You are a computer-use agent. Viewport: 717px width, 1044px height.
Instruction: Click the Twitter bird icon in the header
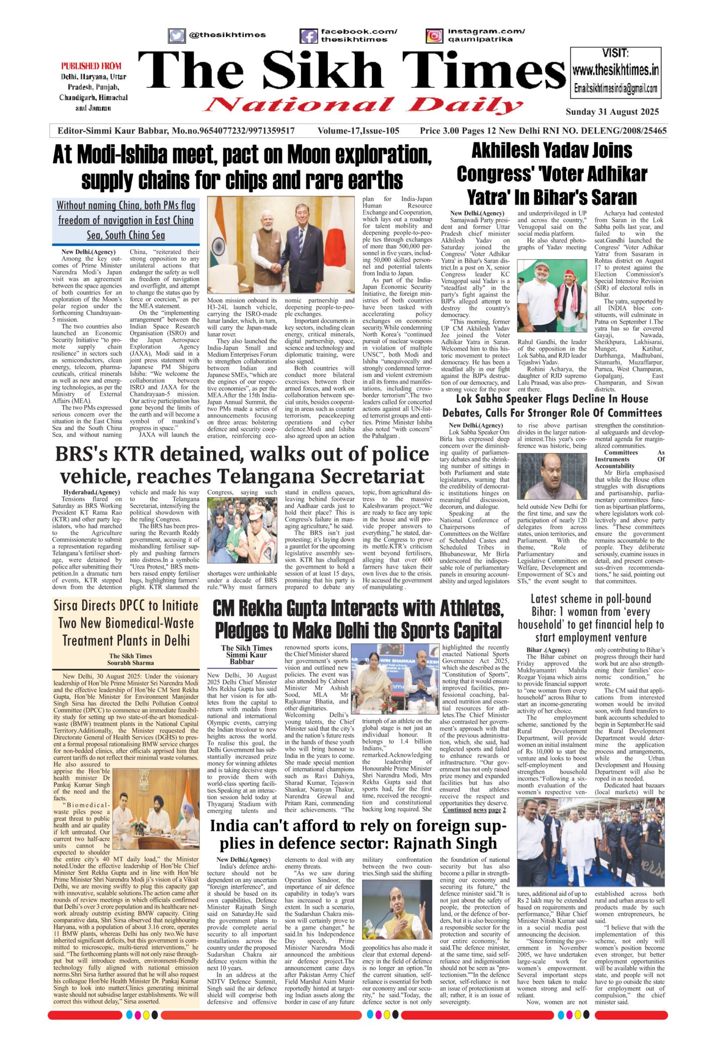pos(177,35)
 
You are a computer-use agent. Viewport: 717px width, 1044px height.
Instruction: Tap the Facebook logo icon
pos(309,35)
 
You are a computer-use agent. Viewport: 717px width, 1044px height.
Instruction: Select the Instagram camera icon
pos(434,35)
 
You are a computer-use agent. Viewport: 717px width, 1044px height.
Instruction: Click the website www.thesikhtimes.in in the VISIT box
pos(615,70)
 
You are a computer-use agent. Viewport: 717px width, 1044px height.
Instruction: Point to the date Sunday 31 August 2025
pos(612,112)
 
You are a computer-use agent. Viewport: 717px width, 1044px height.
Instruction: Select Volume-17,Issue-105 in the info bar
pos(358,131)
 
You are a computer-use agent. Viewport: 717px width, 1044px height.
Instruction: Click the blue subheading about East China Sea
pos(126,220)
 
